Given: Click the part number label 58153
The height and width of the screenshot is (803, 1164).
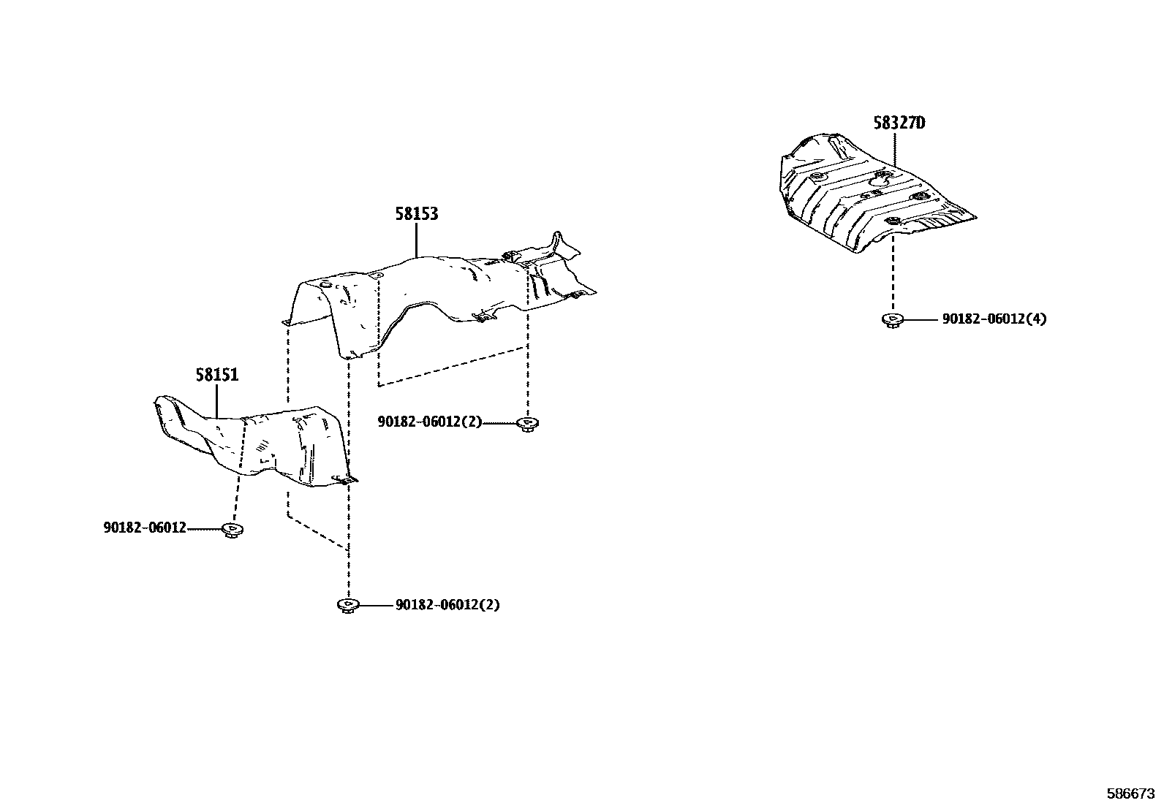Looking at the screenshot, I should click(x=417, y=214).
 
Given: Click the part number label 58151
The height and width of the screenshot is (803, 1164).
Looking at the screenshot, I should click(x=217, y=376).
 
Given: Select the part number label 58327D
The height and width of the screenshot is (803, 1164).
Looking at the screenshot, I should click(x=899, y=123).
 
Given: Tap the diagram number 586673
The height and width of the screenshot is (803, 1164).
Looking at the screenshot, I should click(x=1131, y=793).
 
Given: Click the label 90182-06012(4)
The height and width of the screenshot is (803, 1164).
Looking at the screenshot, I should click(x=994, y=319).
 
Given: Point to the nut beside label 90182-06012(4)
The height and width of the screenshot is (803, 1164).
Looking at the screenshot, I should click(x=892, y=319).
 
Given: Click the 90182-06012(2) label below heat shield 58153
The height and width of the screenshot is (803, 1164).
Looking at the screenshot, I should click(x=430, y=422).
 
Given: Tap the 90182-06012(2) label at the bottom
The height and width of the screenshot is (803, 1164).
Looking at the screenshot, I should click(x=447, y=605).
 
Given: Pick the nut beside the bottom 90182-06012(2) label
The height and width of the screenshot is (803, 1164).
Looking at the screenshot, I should click(x=348, y=605).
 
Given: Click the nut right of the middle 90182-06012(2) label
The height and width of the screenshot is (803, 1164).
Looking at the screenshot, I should click(x=526, y=423).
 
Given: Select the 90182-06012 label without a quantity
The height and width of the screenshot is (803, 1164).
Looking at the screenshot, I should click(x=145, y=528).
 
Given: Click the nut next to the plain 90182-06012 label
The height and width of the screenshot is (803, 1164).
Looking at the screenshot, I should click(x=233, y=529).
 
